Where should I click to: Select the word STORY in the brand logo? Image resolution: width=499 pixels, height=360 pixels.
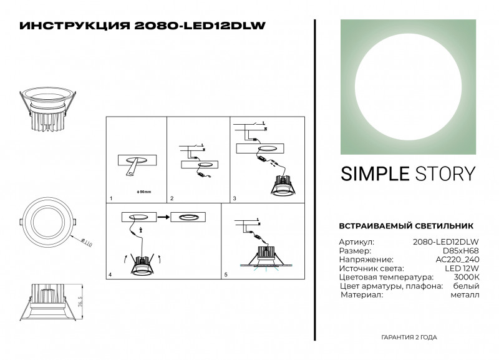(x=445, y=173)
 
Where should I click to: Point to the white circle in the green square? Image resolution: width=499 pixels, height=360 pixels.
(x=407, y=87)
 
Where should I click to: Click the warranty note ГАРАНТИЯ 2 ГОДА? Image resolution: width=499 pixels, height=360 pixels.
(x=409, y=337)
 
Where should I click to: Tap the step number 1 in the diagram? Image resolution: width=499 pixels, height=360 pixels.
(x=110, y=198)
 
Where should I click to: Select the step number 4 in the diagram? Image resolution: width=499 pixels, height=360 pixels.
(x=110, y=275)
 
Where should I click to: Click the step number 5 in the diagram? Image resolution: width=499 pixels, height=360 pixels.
(x=226, y=275)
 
